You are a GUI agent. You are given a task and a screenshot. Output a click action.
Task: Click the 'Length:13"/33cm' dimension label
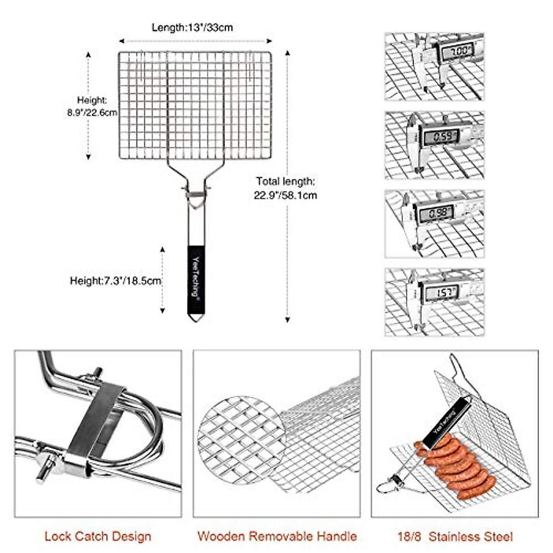point(192,28)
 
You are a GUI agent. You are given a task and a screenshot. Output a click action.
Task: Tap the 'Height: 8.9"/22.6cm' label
point(92,106)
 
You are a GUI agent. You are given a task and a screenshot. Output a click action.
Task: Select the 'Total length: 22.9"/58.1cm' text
point(286,188)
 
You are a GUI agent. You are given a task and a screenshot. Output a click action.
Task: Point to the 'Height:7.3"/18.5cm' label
point(115,280)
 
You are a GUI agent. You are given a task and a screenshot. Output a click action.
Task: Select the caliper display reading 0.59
point(441,136)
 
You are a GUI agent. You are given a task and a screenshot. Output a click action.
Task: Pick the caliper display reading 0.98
point(435,213)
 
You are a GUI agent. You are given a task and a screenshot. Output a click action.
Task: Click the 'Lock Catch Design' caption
point(98,536)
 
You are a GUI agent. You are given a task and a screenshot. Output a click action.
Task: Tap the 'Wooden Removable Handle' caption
point(277,536)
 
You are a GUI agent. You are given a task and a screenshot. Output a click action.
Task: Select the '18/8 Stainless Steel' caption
point(454,536)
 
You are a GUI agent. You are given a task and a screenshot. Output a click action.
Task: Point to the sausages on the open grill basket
point(454,465)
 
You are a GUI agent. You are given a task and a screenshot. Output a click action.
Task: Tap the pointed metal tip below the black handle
point(196,318)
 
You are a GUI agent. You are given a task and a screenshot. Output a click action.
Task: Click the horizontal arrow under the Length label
point(195,41)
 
